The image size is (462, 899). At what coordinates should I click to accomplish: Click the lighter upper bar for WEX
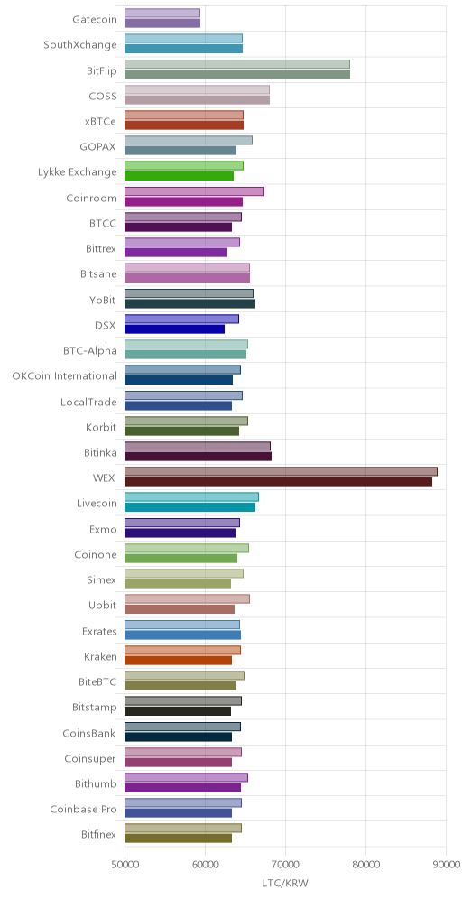click(281, 471)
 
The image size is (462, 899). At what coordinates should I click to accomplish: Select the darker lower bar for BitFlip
click(237, 75)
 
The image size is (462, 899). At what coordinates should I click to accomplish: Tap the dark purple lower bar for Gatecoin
click(162, 23)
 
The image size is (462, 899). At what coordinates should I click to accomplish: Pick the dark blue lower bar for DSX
click(174, 329)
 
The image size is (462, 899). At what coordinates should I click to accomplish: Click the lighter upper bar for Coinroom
click(194, 191)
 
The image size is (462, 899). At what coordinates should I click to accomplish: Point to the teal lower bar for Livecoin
click(189, 507)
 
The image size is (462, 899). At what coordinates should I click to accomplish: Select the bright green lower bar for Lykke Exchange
click(179, 176)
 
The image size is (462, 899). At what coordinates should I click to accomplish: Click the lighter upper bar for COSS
click(197, 89)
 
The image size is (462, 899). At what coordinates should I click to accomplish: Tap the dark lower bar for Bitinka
click(198, 457)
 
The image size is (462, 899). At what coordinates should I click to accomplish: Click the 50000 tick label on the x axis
click(125, 864)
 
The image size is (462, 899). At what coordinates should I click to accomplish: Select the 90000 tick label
click(446, 864)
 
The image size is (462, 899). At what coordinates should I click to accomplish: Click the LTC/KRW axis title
click(285, 883)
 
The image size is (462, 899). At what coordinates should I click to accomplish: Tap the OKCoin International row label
click(64, 376)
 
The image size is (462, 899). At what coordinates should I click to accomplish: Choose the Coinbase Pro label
click(83, 809)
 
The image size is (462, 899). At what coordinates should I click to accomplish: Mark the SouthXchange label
click(80, 45)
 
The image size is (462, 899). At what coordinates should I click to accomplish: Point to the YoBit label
click(103, 300)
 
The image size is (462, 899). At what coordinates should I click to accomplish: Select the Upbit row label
click(103, 606)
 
